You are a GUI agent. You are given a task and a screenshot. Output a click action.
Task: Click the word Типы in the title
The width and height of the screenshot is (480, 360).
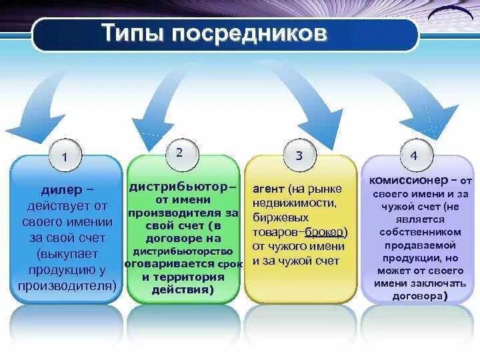point(131,33)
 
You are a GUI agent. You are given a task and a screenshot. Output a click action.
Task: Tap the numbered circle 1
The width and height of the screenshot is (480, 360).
point(64,157)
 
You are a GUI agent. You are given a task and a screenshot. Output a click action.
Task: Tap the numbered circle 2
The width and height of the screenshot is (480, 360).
point(179,152)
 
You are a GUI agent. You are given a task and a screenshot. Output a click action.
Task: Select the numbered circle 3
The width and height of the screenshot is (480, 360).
point(299,156)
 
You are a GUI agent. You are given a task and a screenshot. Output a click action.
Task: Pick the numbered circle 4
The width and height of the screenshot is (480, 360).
point(414,156)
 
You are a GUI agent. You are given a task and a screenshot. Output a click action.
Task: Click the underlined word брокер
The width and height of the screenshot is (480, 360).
point(326,231)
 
